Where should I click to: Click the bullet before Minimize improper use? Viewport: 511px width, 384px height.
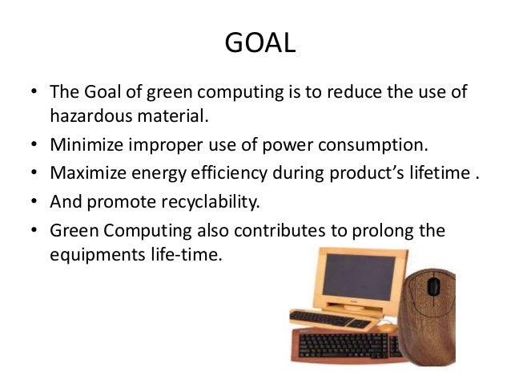[x=35, y=146]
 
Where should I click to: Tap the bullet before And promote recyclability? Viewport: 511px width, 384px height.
[x=35, y=201]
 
